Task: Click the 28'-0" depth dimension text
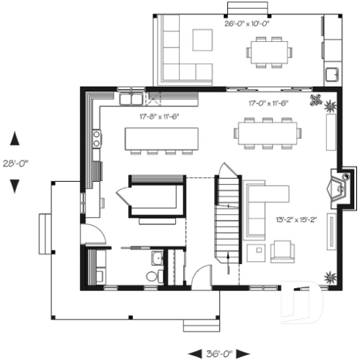pyautogui.click(x=14, y=163)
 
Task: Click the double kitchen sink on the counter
pyautogui.click(x=132, y=98)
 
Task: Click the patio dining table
pyautogui.click(x=268, y=52)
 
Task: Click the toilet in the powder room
pyautogui.click(x=153, y=276)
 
